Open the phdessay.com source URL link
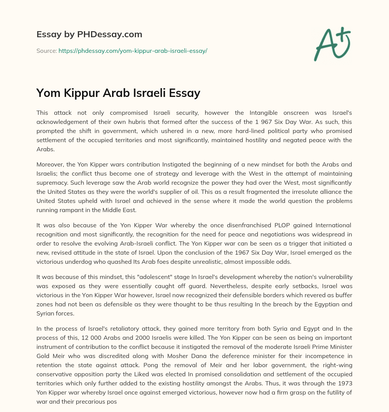(133, 51)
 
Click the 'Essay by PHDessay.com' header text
(89, 34)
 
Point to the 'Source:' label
(46, 51)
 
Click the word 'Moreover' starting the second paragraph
(50, 164)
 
